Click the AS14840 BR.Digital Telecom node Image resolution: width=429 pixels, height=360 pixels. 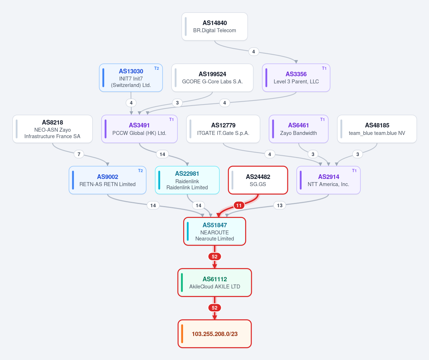215,26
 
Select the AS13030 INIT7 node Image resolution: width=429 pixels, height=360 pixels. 131,78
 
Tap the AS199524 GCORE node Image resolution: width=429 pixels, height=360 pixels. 212,78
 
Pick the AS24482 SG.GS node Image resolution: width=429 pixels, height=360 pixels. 258,180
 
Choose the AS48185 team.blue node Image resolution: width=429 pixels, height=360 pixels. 377,129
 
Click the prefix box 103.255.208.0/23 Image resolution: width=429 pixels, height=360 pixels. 215,334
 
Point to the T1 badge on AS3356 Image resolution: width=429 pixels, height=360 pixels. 324,68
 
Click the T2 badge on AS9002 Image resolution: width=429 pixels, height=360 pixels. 140,171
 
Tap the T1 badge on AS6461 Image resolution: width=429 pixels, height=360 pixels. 322,120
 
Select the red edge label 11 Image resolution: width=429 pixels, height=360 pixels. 239,205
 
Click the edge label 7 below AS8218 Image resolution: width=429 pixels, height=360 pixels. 79,154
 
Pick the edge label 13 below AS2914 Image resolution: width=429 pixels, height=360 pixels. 279,205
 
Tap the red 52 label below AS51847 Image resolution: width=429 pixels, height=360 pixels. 215,257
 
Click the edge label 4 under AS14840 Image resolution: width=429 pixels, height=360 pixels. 254,52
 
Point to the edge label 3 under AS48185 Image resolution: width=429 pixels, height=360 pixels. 357,154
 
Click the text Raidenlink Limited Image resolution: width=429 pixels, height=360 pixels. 187,188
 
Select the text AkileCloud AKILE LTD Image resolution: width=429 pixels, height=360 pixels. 215,286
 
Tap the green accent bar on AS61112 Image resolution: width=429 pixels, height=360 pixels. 182,283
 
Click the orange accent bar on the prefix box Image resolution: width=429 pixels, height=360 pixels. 182,334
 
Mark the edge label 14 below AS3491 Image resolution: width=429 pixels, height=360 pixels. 162,154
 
